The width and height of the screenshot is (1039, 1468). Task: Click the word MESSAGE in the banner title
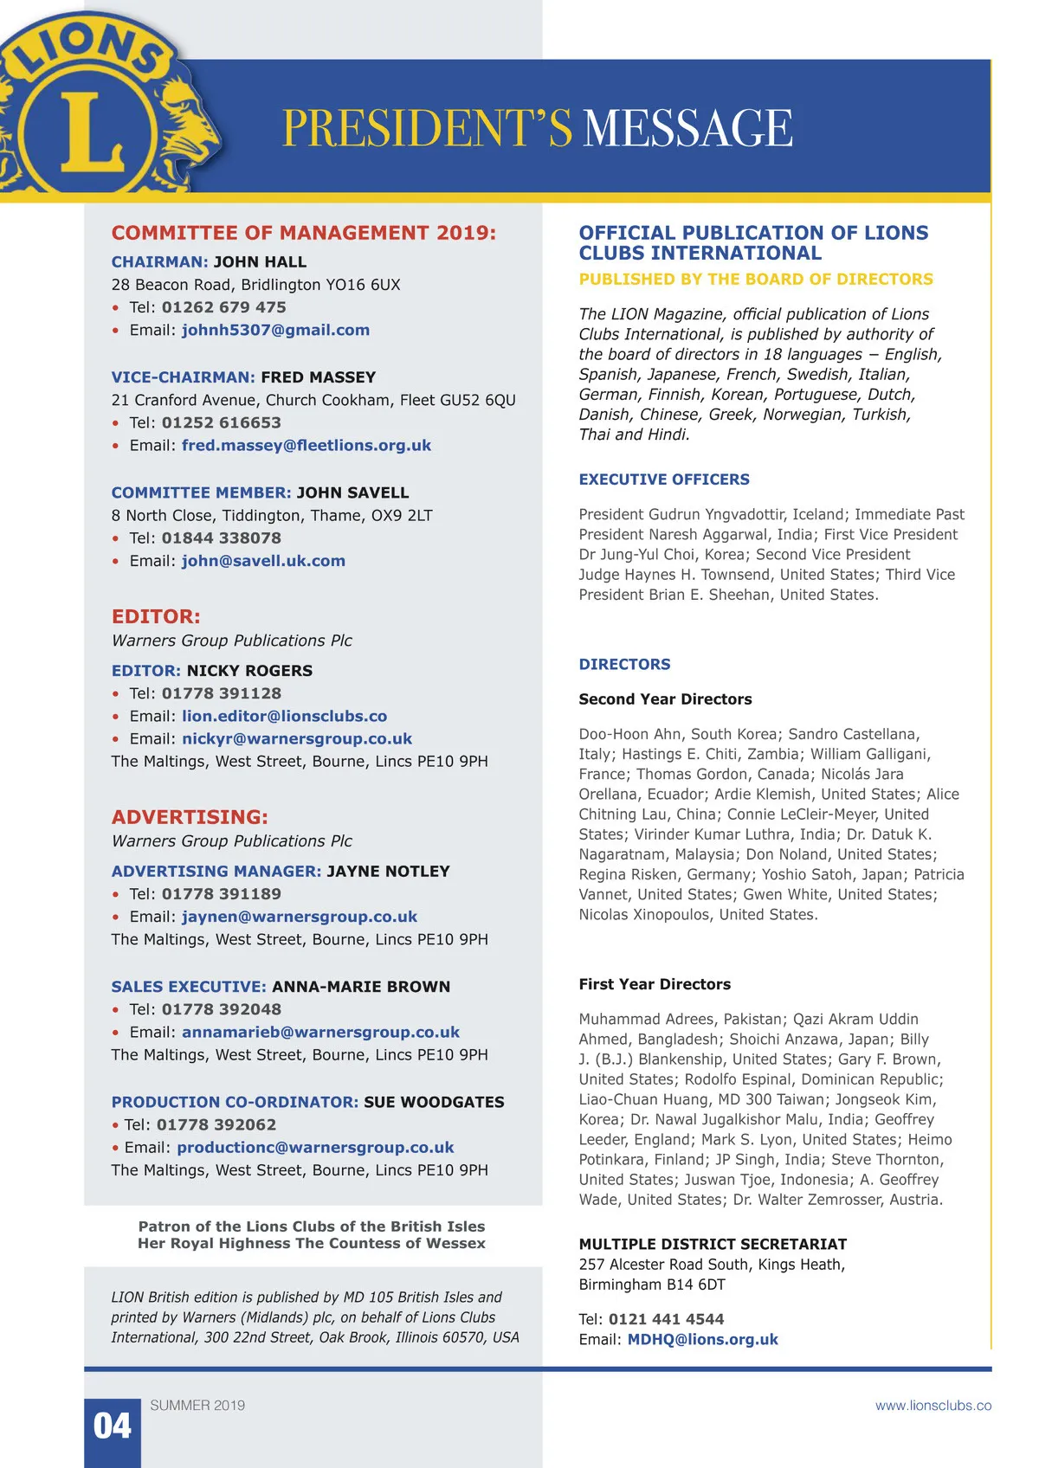point(688,128)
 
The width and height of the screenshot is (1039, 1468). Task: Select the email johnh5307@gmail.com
point(275,330)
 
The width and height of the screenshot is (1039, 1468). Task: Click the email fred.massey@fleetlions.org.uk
point(307,445)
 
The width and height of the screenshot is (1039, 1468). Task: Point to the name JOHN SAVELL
point(352,493)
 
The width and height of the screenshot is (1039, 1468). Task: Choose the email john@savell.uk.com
point(263,561)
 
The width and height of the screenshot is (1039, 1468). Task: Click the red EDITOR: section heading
point(156,616)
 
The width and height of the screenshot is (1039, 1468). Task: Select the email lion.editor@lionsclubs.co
point(284,716)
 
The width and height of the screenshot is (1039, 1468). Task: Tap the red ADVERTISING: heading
point(190,816)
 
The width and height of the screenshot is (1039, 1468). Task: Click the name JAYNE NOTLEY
point(388,871)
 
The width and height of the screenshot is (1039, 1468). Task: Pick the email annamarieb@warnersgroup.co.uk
point(320,1032)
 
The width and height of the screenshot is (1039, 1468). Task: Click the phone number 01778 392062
point(216,1124)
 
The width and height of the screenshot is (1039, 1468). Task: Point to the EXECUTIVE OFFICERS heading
point(664,480)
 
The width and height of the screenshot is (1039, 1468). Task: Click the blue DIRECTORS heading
point(624,664)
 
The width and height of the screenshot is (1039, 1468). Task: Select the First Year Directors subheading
point(655,984)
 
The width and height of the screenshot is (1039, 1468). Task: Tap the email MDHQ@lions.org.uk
point(702,1339)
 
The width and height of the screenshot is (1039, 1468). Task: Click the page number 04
point(113,1426)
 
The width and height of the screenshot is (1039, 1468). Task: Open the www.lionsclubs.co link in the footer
point(933,1406)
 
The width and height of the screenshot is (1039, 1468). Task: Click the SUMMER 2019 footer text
point(197,1406)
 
